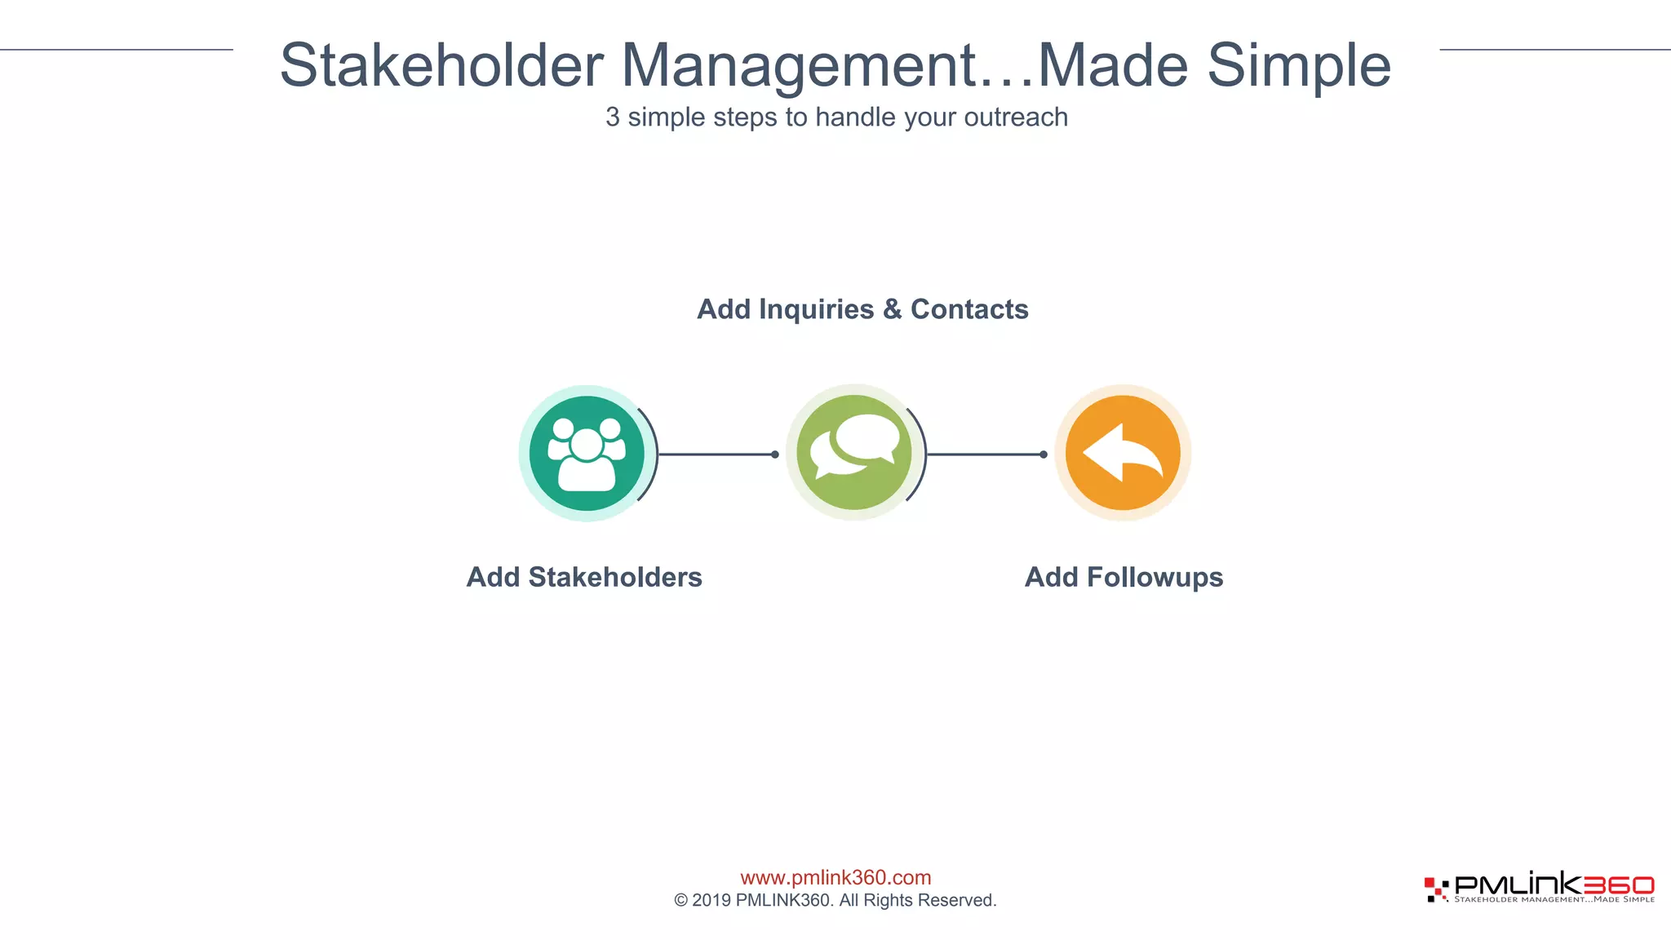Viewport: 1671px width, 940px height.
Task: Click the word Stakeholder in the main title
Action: (x=441, y=65)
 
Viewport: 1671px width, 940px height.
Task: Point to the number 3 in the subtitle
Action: (x=612, y=117)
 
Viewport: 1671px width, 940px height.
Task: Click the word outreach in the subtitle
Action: (x=1016, y=117)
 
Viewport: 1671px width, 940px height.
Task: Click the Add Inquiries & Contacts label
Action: (x=862, y=309)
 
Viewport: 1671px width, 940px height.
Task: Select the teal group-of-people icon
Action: (x=587, y=454)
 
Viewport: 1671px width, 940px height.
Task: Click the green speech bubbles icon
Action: (x=853, y=453)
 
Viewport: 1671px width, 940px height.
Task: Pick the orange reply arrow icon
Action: (x=1123, y=453)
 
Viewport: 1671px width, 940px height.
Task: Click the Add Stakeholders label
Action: (x=584, y=577)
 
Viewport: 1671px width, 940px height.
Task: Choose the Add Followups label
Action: (x=1124, y=577)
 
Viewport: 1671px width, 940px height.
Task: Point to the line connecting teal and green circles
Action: (x=714, y=454)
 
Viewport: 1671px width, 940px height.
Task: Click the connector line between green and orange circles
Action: (x=983, y=454)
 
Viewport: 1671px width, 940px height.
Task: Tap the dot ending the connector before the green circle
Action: (x=775, y=454)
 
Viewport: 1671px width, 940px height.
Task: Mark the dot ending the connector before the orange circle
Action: (x=1044, y=454)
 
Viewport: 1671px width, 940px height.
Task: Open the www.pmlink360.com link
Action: (x=835, y=877)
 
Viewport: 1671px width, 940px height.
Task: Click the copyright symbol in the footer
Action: (x=680, y=901)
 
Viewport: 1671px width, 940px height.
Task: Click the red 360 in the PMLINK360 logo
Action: (x=1619, y=885)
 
